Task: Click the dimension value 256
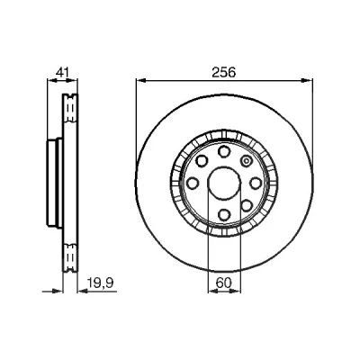224,73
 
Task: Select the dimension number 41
63,73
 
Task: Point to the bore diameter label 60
224,283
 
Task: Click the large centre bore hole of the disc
224,183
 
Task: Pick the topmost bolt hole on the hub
224,151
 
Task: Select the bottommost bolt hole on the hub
224,214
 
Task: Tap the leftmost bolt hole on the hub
193,183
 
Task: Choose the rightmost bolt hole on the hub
256,183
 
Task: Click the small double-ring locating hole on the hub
246,161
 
